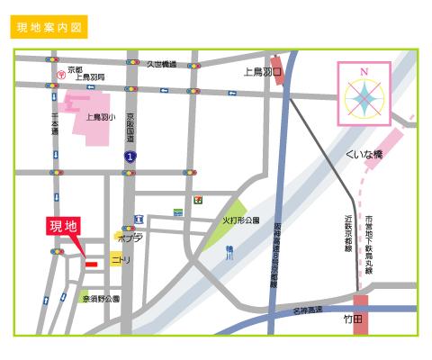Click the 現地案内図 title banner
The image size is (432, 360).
click(x=50, y=27)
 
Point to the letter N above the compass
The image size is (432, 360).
click(x=364, y=71)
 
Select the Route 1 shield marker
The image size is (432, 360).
click(x=130, y=157)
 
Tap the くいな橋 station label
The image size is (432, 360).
click(x=364, y=155)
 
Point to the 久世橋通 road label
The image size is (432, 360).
click(x=162, y=64)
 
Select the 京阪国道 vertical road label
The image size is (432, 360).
click(x=130, y=129)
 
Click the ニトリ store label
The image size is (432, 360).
click(x=121, y=259)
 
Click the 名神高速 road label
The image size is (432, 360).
click(x=307, y=310)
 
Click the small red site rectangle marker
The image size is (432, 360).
click(x=91, y=264)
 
